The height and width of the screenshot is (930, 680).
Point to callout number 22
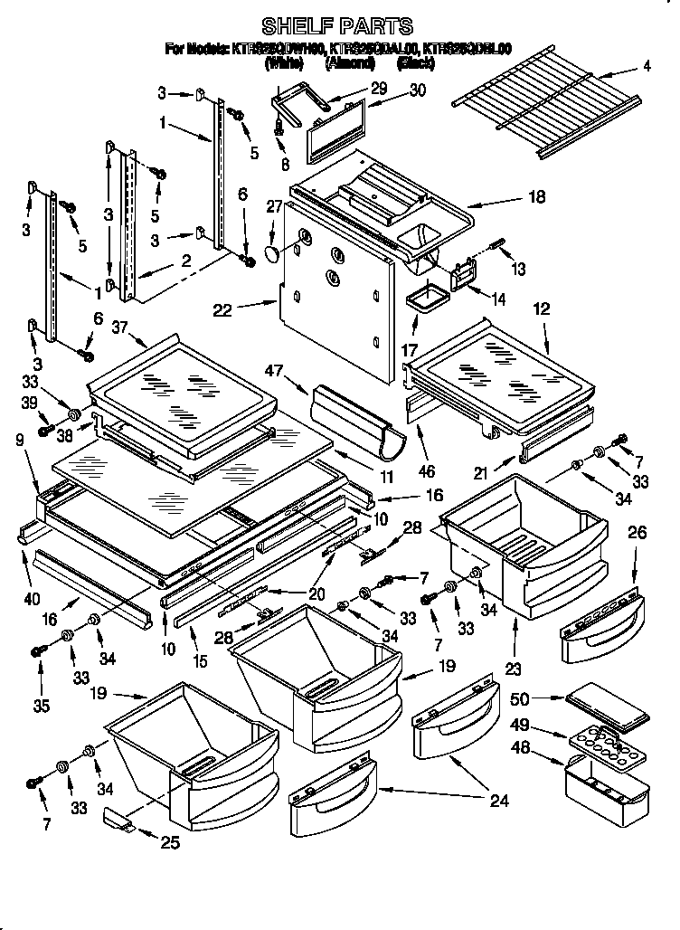tap(222, 309)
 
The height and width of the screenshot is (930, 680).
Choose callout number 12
tap(542, 309)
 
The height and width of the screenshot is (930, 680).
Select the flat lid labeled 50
tap(605, 707)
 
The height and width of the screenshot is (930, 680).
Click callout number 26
tap(637, 533)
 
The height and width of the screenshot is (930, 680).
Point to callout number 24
tap(498, 801)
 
